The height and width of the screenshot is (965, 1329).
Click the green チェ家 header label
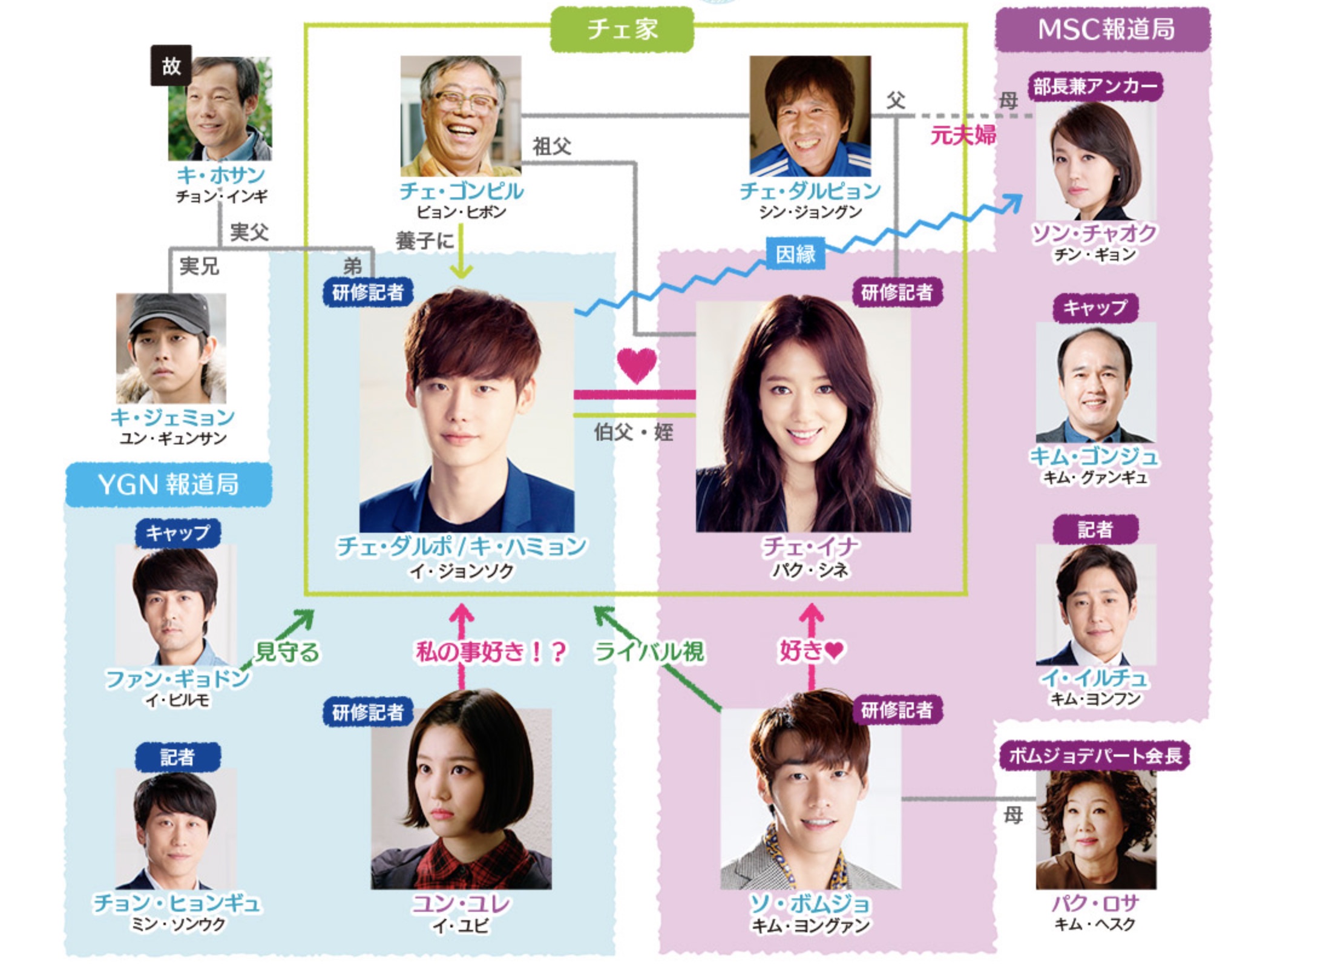622,29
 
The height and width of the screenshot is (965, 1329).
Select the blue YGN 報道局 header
168,484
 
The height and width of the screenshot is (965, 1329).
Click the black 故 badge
171,65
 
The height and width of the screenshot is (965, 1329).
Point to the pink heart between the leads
636,365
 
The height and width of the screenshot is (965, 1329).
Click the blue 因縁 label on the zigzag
795,254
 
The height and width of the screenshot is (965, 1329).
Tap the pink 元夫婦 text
962,135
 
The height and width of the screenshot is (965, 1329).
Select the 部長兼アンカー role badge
1094,87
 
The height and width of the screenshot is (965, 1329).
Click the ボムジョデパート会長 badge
1095,756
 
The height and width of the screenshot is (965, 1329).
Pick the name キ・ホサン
220,176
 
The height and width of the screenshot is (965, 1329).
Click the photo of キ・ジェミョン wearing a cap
171,348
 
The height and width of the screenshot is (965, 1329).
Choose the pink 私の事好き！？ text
491,652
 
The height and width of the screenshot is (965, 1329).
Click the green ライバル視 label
649,652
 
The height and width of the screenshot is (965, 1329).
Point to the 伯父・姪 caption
633,432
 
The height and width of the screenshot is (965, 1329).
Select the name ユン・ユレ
461,904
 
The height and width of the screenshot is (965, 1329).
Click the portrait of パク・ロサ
1095,829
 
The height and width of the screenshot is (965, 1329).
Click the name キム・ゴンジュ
1094,456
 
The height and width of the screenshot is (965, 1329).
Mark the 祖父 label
551,147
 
